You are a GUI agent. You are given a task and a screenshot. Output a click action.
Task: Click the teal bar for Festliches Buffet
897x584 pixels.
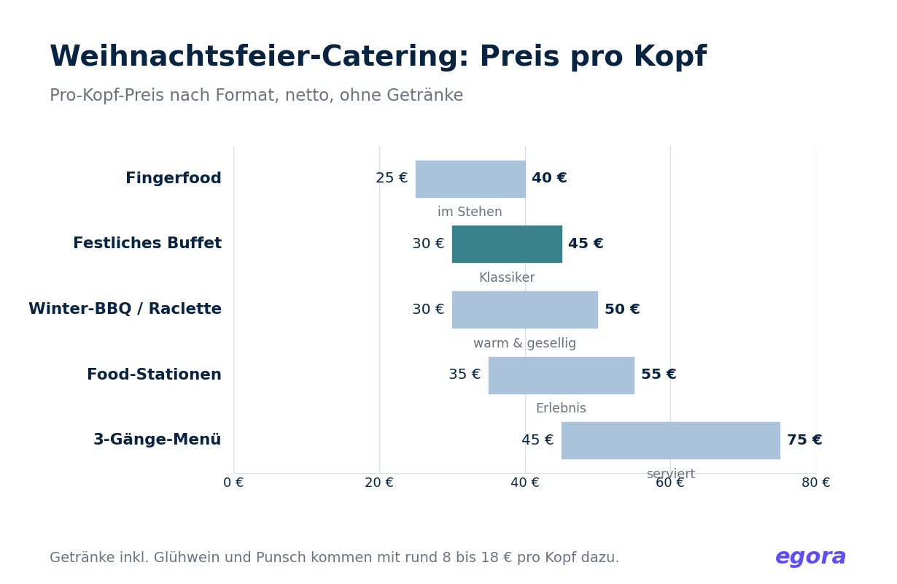click(x=507, y=244)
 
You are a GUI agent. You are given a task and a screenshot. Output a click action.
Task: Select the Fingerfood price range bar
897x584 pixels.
click(x=470, y=179)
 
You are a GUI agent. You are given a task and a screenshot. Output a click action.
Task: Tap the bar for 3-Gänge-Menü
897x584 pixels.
click(x=671, y=440)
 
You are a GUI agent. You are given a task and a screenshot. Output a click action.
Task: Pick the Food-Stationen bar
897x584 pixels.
click(x=562, y=375)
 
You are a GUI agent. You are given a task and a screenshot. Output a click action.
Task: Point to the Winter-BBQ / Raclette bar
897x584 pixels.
click(x=525, y=310)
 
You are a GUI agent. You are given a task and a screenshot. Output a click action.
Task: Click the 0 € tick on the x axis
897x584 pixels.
click(x=233, y=483)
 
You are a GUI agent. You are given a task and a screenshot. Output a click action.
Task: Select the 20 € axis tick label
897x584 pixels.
click(x=379, y=483)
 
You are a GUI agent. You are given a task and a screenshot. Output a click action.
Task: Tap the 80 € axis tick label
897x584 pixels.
click(x=816, y=483)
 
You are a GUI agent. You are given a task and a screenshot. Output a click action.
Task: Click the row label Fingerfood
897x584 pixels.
click(x=174, y=178)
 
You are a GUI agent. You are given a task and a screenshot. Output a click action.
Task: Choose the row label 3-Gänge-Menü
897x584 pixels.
click(x=158, y=439)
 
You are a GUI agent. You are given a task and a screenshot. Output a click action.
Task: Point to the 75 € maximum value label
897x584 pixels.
click(x=805, y=439)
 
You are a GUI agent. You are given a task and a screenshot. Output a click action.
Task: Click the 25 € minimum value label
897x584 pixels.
click(x=392, y=178)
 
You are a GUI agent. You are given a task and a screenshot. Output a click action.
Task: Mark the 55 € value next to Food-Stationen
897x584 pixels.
click(x=659, y=374)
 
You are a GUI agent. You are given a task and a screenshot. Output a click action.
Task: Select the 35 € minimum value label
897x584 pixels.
click(x=465, y=374)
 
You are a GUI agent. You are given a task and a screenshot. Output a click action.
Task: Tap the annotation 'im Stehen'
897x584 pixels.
click(x=470, y=212)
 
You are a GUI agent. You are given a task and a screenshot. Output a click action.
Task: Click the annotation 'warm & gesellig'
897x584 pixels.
click(x=524, y=344)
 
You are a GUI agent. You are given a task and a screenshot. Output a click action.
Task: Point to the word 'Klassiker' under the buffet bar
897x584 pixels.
click(x=507, y=277)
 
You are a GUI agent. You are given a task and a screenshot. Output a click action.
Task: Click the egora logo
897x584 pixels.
click(x=810, y=557)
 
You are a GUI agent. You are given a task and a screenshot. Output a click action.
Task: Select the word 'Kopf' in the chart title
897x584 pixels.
click(x=670, y=56)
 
